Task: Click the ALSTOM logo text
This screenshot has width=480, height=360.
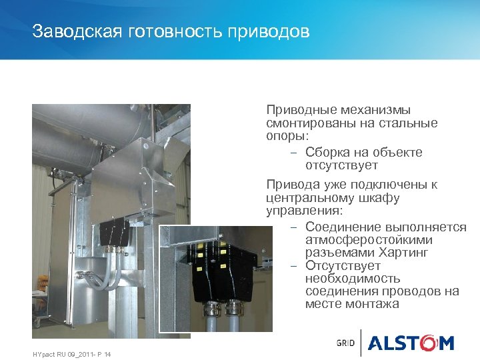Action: [x=411, y=343]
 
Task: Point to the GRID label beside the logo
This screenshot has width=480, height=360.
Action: [x=346, y=343]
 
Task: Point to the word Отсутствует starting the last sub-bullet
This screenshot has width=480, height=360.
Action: [x=343, y=266]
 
